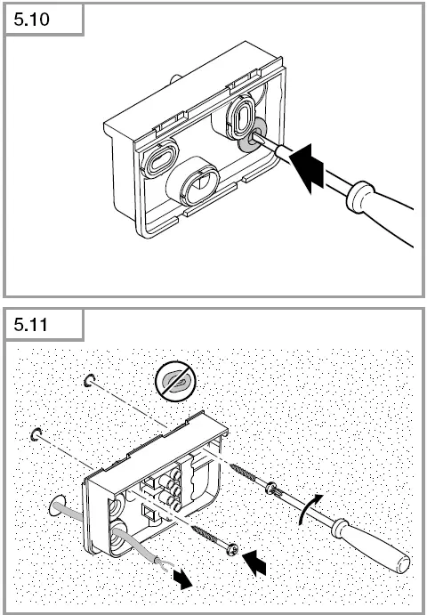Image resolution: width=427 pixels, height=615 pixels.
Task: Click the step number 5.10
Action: click(x=31, y=20)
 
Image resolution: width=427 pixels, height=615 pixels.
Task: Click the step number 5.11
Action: click(x=30, y=325)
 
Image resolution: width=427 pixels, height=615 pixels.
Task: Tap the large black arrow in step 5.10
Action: click(x=307, y=168)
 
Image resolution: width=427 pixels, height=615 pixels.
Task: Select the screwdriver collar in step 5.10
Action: click(x=359, y=197)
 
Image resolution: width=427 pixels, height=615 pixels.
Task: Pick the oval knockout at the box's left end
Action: click(x=159, y=158)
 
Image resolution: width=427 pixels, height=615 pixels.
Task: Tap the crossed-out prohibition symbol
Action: click(x=175, y=381)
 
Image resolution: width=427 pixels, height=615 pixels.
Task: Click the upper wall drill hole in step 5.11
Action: click(x=89, y=380)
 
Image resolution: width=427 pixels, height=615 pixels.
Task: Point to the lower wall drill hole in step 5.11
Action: click(x=36, y=434)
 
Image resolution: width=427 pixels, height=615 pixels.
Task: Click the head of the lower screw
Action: click(x=233, y=549)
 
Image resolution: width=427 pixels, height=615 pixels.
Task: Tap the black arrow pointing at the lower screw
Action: click(x=254, y=562)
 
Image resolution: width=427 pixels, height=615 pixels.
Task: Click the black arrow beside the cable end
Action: click(x=182, y=578)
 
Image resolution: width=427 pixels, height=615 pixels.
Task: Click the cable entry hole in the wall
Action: click(x=58, y=506)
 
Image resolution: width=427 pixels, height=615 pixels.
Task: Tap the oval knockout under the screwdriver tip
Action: click(x=240, y=117)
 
